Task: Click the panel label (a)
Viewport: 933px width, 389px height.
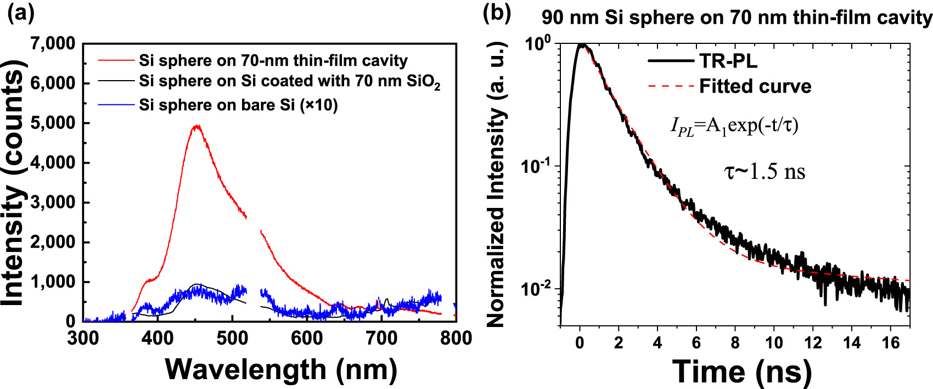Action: click(x=20, y=13)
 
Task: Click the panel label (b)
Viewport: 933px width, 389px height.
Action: click(x=497, y=13)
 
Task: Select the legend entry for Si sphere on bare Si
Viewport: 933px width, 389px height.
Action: click(x=238, y=105)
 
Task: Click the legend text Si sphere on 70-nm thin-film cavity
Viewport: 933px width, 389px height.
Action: click(x=273, y=60)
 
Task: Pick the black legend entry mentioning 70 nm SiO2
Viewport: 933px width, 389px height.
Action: click(x=289, y=82)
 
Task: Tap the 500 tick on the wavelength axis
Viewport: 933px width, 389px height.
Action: click(x=232, y=338)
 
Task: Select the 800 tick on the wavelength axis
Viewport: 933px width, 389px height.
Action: click(x=456, y=338)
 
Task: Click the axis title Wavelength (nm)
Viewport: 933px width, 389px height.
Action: click(x=281, y=369)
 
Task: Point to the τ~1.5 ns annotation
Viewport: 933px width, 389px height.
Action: click(x=765, y=172)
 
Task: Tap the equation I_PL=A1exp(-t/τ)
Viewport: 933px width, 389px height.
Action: click(x=734, y=126)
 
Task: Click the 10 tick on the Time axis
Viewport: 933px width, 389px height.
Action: click(x=774, y=343)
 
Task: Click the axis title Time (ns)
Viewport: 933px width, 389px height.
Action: click(x=741, y=371)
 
